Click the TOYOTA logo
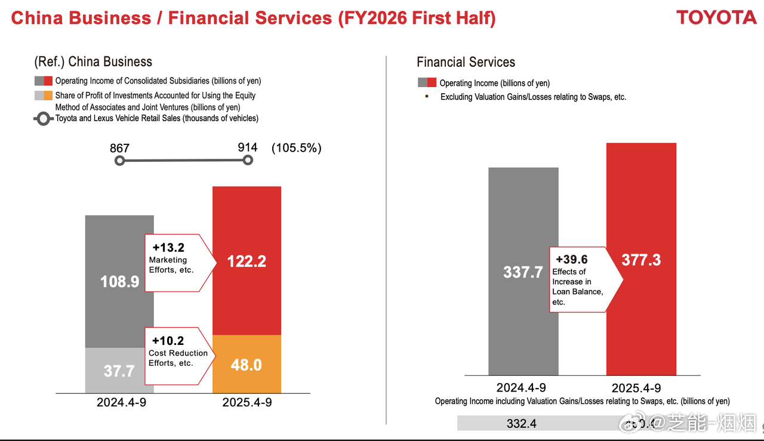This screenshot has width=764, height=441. [716, 17]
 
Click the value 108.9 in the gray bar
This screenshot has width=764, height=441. [119, 281]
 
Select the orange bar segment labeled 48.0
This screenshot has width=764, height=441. [246, 364]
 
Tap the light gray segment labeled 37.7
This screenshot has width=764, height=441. [119, 371]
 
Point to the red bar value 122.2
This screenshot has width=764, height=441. [246, 261]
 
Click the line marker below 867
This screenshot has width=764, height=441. [119, 161]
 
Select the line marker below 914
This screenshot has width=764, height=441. [248, 160]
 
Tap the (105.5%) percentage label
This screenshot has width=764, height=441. [296, 148]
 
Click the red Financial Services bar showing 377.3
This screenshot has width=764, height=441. [641, 260]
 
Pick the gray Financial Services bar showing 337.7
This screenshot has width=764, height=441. [523, 272]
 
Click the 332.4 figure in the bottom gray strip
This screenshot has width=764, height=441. [521, 424]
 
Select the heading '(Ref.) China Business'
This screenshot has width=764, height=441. [93, 61]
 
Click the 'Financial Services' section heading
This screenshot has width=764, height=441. [466, 62]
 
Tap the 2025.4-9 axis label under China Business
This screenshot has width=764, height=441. [247, 402]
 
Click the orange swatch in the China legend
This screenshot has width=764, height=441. [48, 95]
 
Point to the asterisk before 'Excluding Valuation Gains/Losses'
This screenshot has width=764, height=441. [426, 97]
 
